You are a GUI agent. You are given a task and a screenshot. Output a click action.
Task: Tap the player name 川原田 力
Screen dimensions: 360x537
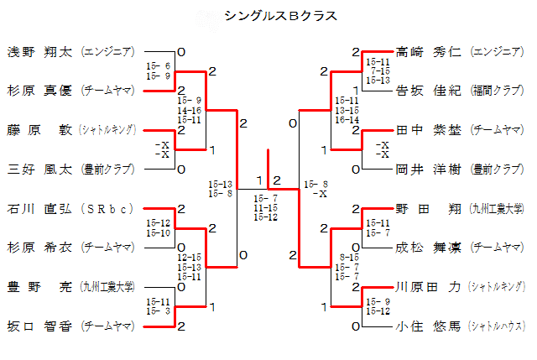tap(428, 286)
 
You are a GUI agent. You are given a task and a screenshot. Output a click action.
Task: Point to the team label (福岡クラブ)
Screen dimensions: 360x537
tap(498, 91)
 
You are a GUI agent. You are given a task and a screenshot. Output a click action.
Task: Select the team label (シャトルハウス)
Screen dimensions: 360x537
tap(497, 325)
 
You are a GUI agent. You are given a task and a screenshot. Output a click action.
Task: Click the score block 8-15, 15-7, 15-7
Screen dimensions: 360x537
tap(348, 267)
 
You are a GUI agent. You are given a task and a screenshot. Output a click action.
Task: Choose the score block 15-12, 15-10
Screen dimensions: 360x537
tap(159, 227)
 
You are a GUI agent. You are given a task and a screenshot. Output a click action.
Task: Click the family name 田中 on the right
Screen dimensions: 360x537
tap(409, 130)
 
